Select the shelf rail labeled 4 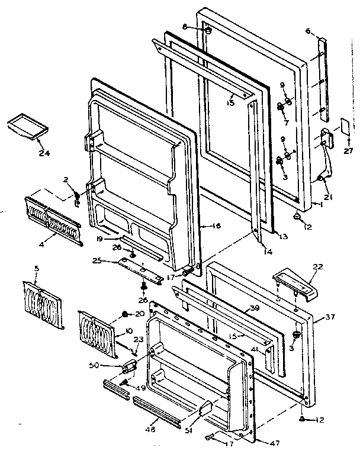click(52, 220)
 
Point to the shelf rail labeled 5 click(43, 305)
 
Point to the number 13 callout click(283, 237)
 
